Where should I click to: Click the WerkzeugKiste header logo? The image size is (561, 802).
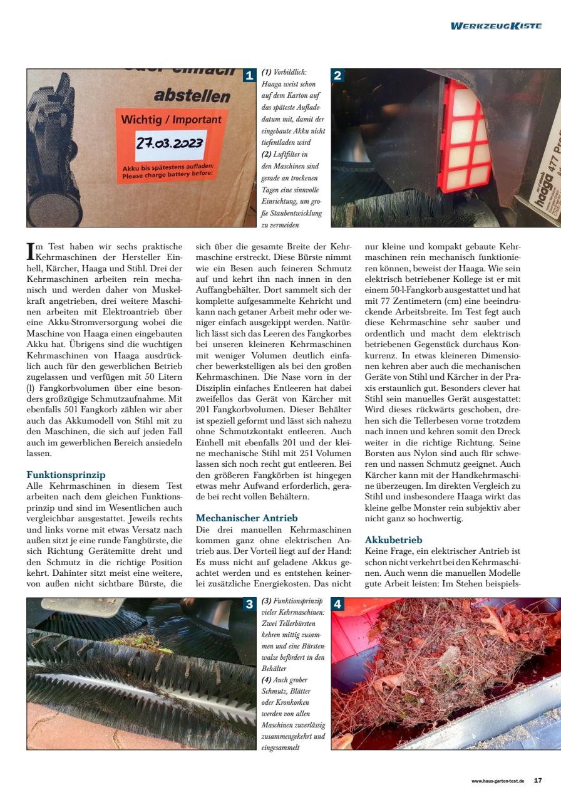[496, 26]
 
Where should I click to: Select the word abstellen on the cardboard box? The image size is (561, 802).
[192, 96]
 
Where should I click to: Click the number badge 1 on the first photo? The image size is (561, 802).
[249, 76]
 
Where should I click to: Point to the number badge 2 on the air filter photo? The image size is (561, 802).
[337, 76]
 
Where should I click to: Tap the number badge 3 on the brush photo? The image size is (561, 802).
[249, 605]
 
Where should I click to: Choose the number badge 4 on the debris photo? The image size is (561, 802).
[337, 605]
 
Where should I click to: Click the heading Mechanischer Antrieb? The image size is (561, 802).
[247, 518]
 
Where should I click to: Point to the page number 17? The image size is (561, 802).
[538, 781]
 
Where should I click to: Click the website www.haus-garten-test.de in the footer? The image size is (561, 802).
[498, 781]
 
